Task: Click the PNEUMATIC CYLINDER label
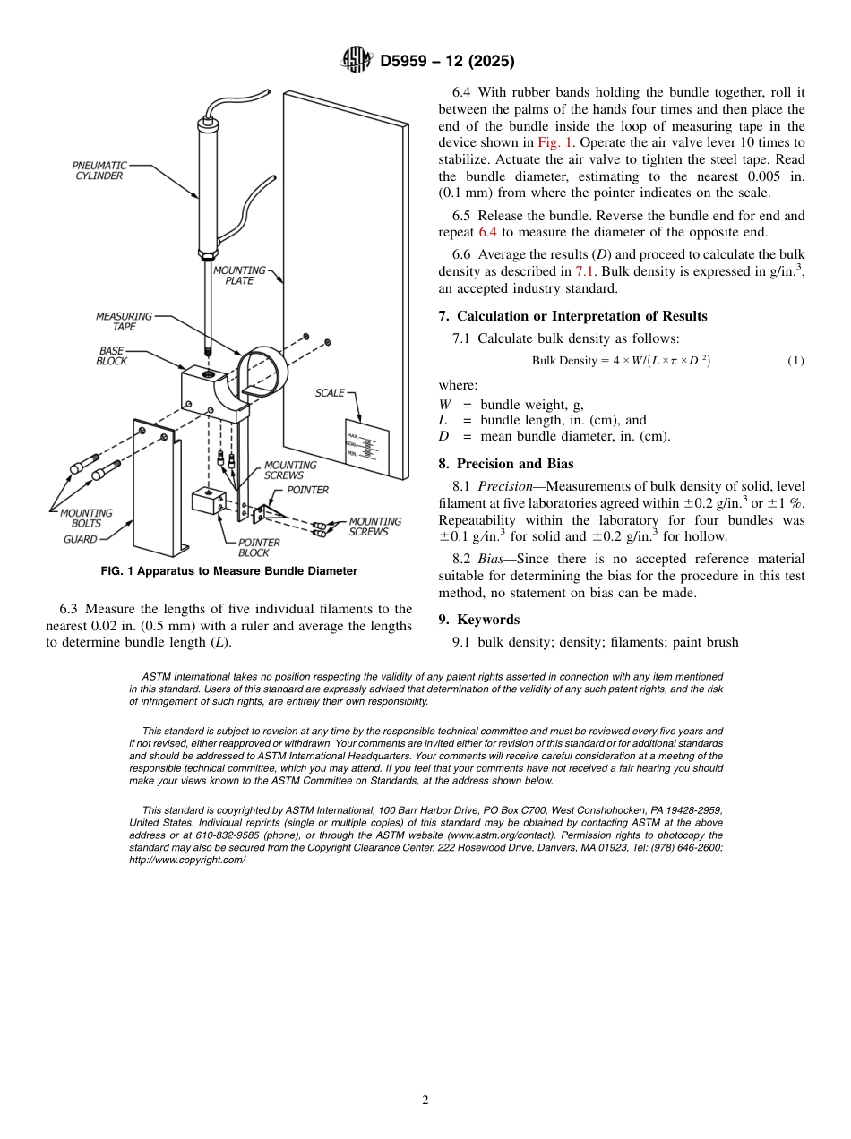(99, 171)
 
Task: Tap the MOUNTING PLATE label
(238, 275)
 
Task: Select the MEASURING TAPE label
(124, 321)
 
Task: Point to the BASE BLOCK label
(112, 355)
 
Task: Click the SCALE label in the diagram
(330, 393)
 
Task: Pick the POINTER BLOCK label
(259, 547)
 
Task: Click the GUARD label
(81, 540)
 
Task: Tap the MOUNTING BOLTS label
(86, 518)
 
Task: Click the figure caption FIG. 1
(229, 571)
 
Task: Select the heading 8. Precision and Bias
(506, 464)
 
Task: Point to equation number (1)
(795, 361)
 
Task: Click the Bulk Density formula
(621, 361)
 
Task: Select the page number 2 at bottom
(425, 1100)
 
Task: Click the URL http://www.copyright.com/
(187, 860)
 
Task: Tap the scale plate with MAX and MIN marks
(367, 446)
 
